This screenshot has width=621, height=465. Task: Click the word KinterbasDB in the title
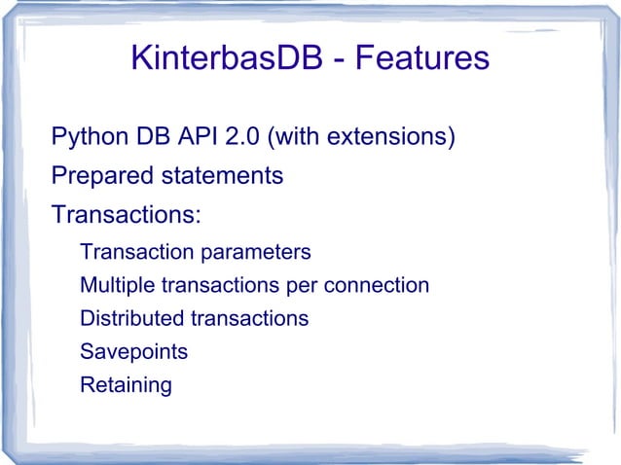[229, 59]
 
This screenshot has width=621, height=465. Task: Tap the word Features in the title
[420, 59]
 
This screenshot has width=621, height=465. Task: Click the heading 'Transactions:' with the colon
[126, 213]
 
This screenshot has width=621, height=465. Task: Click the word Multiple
[116, 286]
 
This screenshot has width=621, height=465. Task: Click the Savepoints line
[133, 352]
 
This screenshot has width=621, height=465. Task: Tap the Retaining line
[126, 385]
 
